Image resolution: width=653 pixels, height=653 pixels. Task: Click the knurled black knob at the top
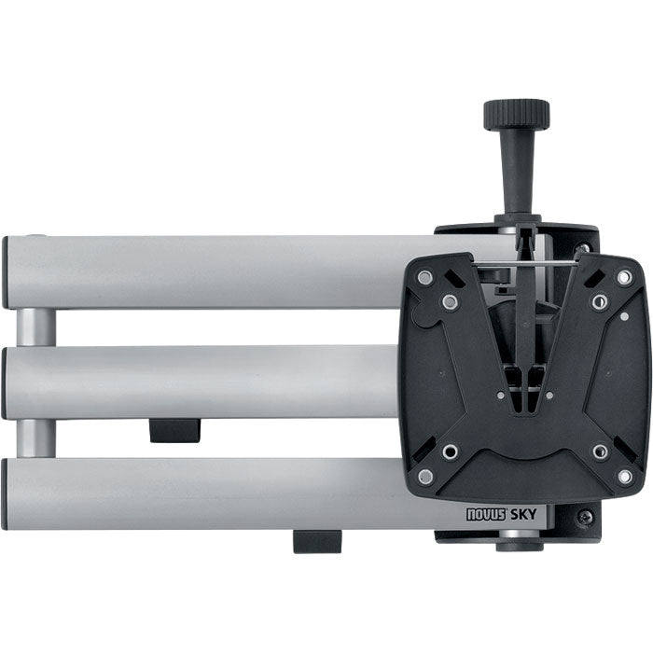pyautogui.click(x=517, y=114)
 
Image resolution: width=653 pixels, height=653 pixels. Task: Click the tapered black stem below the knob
pyautogui.click(x=517, y=172)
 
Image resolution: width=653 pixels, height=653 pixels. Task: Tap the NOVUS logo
pyautogui.click(x=486, y=515)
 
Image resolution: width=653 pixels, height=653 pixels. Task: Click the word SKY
pyautogui.click(x=523, y=515)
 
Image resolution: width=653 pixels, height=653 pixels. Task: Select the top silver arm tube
pyautogui.click(x=208, y=272)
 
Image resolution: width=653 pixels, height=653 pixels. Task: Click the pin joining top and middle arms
pyautogui.click(x=36, y=327)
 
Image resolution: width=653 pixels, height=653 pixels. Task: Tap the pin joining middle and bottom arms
pyautogui.click(x=36, y=438)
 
